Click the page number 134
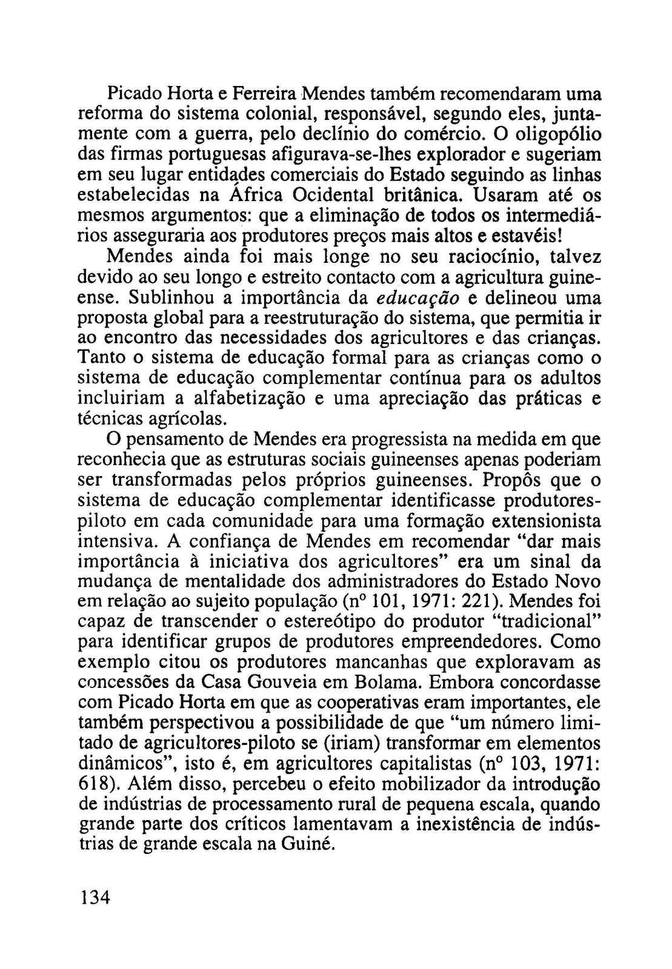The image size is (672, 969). pyautogui.click(x=95, y=897)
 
